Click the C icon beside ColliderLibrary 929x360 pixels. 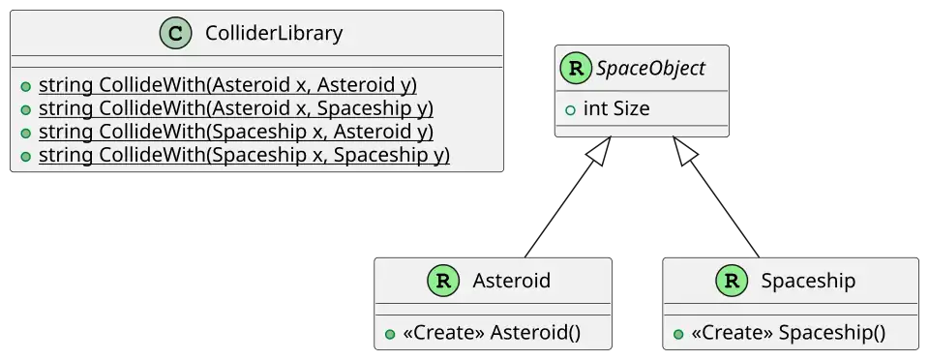pos(176,33)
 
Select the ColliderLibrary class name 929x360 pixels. pos(274,33)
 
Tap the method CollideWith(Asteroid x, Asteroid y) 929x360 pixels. pos(227,86)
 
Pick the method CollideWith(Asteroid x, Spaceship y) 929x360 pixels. pos(236,109)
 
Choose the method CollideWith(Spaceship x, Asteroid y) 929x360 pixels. pos(236,132)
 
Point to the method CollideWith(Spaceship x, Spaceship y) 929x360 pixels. pos(244,155)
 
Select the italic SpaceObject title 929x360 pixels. pos(650,69)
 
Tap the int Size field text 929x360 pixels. pos(616,109)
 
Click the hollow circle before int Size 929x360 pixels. pos(571,109)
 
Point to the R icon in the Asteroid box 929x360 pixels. pos(443,281)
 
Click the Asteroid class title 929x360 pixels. pos(511,281)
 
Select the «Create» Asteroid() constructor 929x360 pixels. pos(492,333)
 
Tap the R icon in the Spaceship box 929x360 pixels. pos(732,281)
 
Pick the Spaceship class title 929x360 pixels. pos(808,281)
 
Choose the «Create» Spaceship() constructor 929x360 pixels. pos(788,333)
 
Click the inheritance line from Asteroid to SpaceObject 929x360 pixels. pos(568,197)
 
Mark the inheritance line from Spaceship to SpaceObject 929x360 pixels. pos(716,197)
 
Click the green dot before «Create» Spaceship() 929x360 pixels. pos(678,334)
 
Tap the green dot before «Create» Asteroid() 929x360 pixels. pos(390,334)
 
